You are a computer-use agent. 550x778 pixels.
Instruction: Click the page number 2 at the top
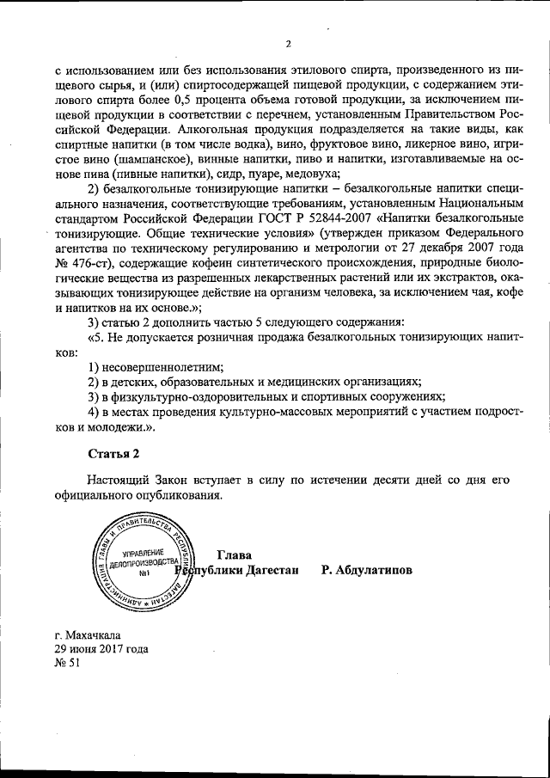[x=289, y=44]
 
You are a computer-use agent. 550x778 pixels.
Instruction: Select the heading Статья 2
[x=113, y=452]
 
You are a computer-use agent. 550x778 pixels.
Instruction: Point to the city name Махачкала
[x=95, y=635]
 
